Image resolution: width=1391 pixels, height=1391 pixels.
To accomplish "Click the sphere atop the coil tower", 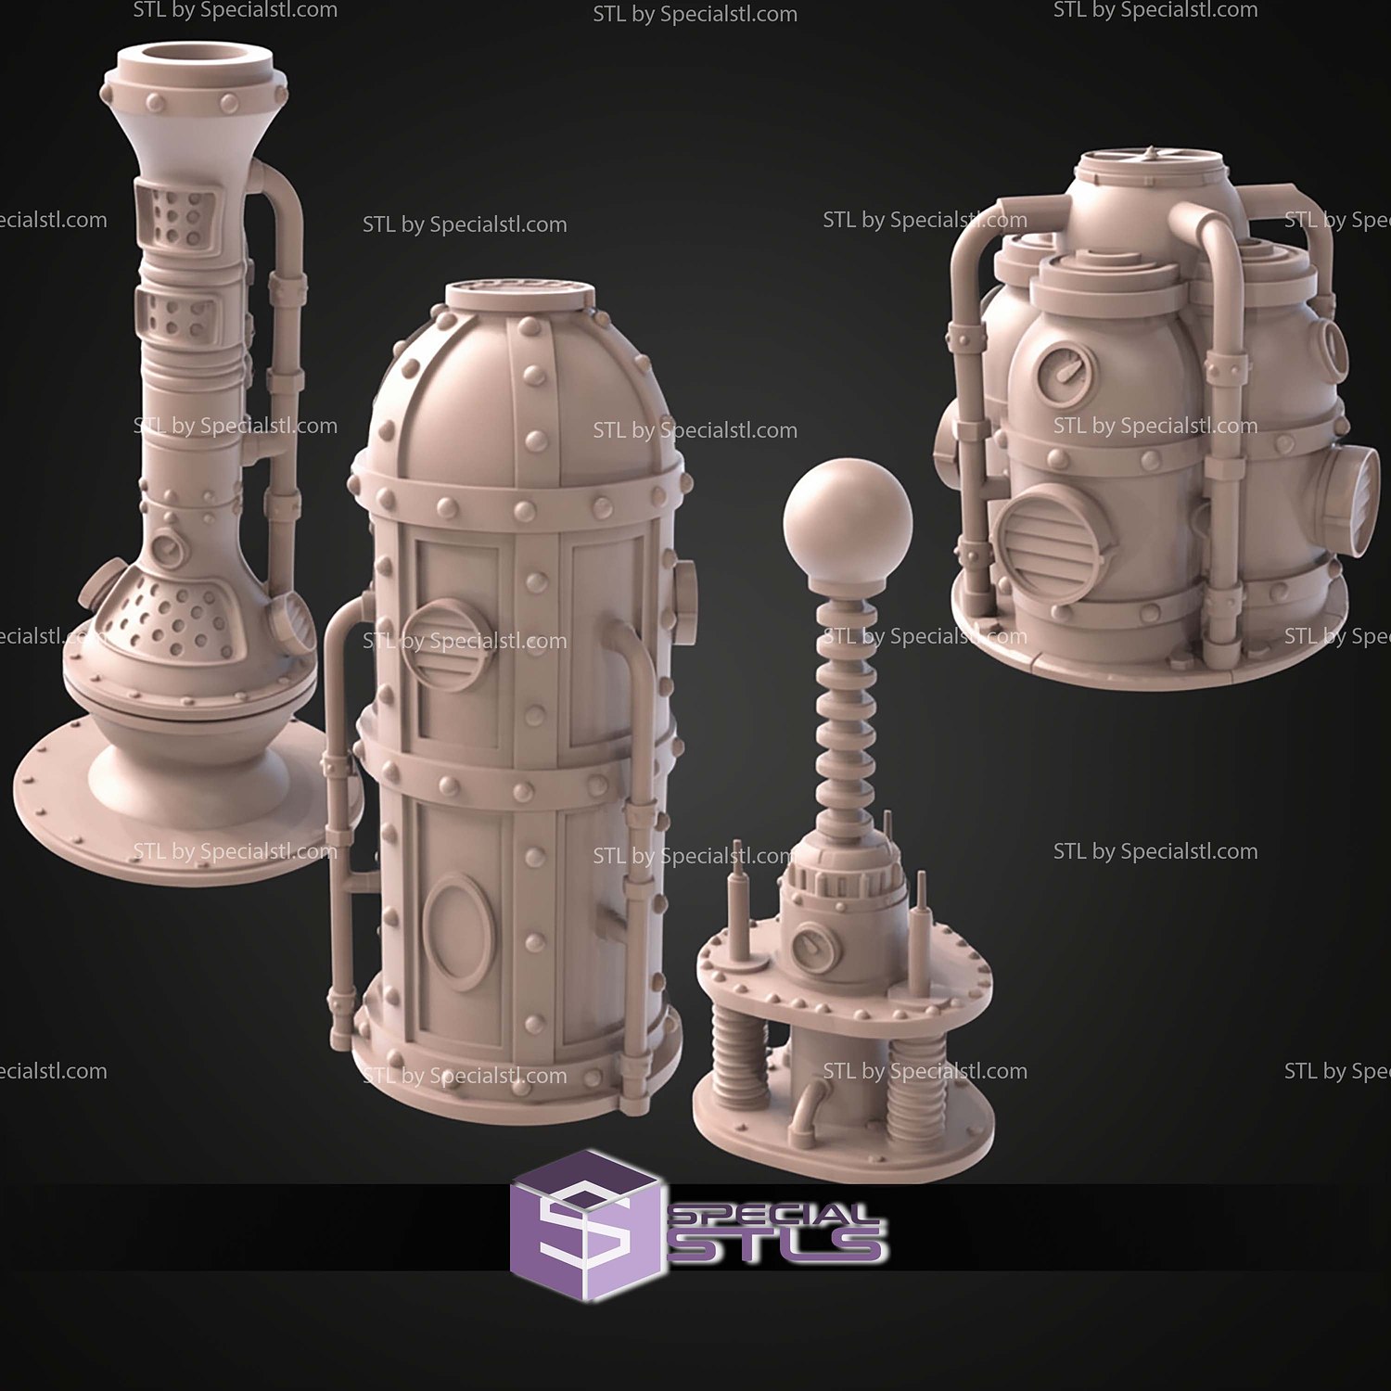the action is click(848, 519).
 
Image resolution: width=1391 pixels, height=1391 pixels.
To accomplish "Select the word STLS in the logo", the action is click(777, 1244).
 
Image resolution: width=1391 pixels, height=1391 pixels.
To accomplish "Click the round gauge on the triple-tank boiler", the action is click(1064, 372).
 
